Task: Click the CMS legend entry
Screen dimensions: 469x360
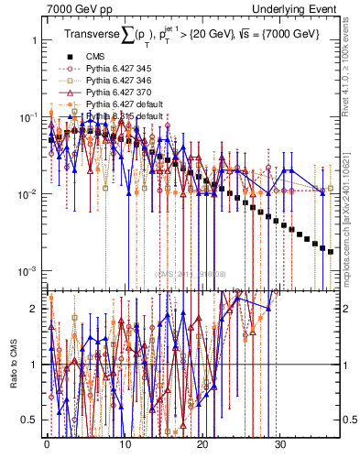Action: (96, 56)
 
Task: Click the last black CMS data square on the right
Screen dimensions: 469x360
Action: (331, 250)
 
